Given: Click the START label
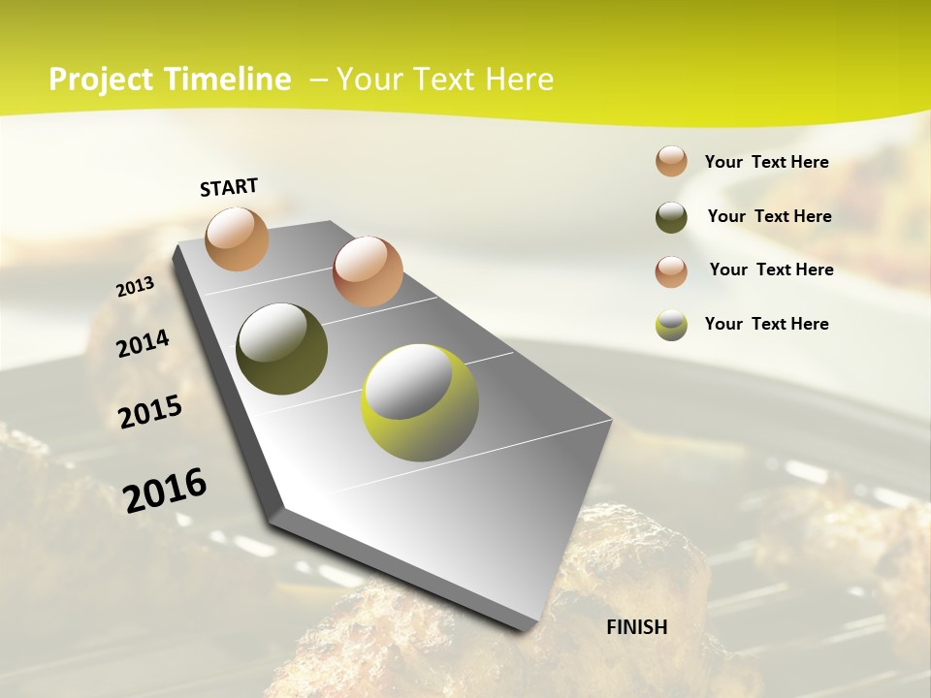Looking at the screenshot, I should coord(229,187).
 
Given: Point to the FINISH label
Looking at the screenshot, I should coord(637,627).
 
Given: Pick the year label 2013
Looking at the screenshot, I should coord(135,287).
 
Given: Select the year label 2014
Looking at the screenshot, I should coord(143,344).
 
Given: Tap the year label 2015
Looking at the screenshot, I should coord(150,412).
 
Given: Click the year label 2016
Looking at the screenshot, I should coord(165,490).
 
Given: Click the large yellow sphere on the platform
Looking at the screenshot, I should coord(420,402).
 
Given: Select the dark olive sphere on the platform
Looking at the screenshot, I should coord(281,349).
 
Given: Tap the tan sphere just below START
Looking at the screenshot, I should coord(238,238).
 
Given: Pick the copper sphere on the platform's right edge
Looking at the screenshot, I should coord(368,270).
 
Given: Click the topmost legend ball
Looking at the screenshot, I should coord(671,161).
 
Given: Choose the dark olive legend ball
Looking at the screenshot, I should coord(671,217).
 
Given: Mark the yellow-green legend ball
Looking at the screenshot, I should coord(671,325).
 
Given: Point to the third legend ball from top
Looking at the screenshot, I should coord(671,270).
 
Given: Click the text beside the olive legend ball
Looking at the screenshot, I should coord(769,216).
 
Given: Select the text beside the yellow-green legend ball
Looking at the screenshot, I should coord(766,324).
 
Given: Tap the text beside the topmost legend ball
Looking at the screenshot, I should coord(766,162).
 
